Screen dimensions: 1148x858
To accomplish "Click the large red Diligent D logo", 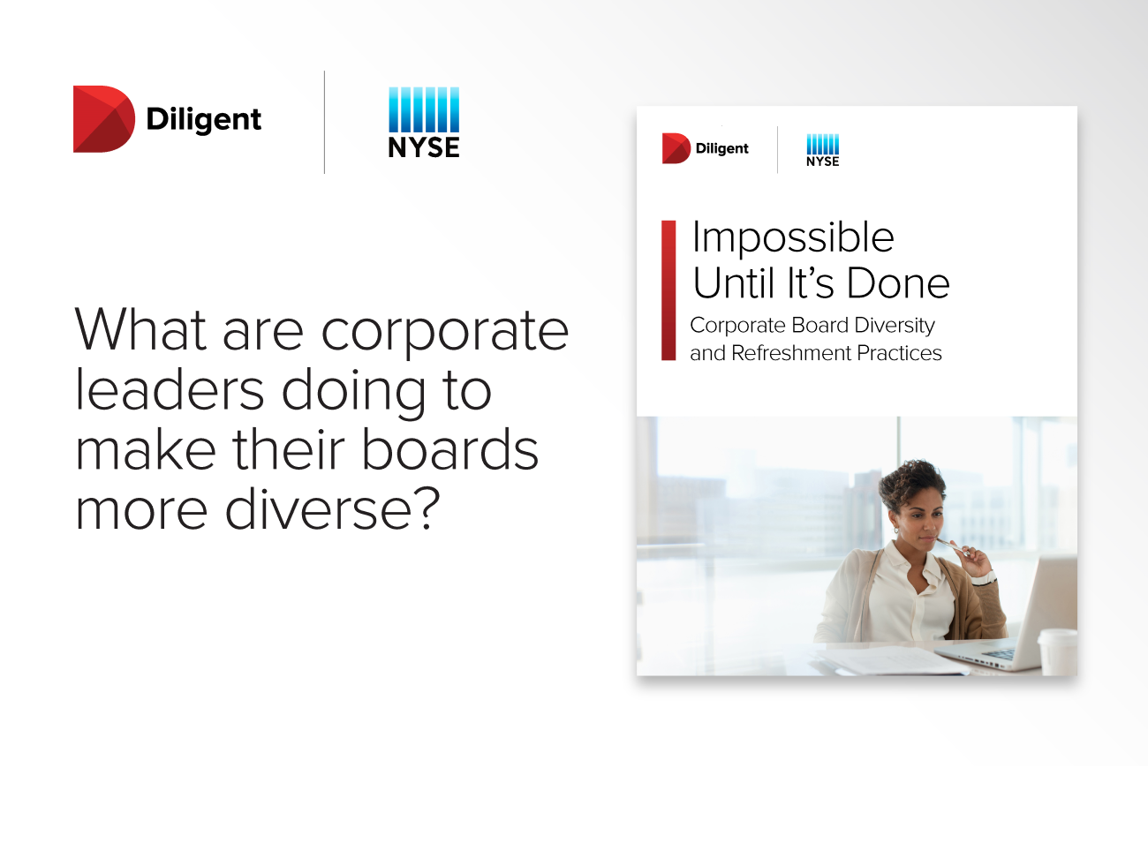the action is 103,119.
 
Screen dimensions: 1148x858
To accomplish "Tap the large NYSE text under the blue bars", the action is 424,147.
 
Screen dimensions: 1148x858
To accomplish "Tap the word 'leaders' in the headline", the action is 170,389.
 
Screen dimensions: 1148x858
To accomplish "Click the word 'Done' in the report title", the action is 897,283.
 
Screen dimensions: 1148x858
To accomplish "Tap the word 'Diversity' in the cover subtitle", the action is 895,327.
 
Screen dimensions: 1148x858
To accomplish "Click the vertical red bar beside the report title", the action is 668,290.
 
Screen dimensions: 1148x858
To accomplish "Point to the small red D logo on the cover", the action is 676,148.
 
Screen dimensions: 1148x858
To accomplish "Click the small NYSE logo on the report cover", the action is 823,150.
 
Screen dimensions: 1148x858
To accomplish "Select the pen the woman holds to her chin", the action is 953,546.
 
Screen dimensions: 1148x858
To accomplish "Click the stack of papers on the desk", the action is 889,660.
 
